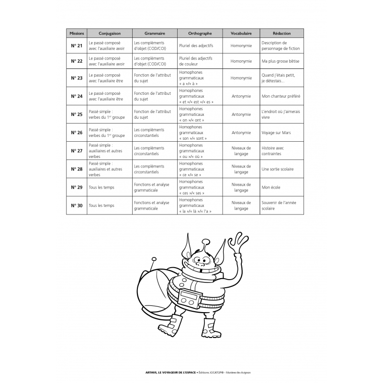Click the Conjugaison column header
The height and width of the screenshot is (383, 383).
pyautogui.click(x=109, y=34)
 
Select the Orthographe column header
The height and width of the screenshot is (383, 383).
pyautogui.click(x=200, y=34)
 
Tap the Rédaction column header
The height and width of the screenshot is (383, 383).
pyautogui.click(x=282, y=34)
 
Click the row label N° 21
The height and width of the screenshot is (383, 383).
pyautogui.click(x=77, y=46)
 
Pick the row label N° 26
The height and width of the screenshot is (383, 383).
pyautogui.click(x=77, y=133)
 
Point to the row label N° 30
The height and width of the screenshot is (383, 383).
pyautogui.click(x=77, y=205)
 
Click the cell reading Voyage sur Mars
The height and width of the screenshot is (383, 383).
pyautogui.click(x=276, y=133)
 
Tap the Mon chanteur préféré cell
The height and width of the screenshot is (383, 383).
pyautogui.click(x=281, y=96)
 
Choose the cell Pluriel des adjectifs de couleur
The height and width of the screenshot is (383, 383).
pyautogui.click(x=195, y=61)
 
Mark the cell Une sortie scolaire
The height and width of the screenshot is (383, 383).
pyautogui.click(x=278, y=169)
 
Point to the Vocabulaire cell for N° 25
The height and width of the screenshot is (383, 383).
pyautogui.click(x=241, y=114)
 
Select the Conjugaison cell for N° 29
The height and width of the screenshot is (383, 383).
pyautogui.click(x=101, y=187)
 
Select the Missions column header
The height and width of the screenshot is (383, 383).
pyautogui.click(x=77, y=34)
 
